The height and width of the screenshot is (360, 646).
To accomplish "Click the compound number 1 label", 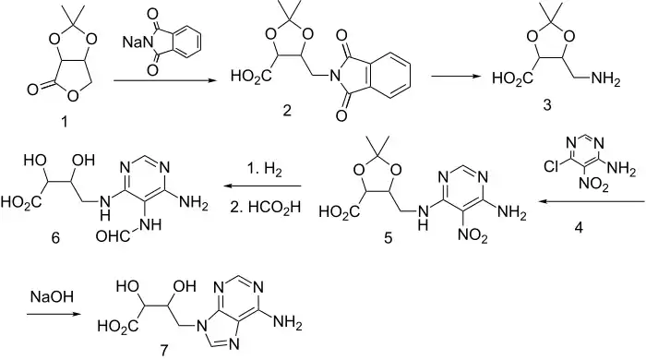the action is (64, 122).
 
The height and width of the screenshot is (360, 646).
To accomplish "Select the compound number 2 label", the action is (287, 111).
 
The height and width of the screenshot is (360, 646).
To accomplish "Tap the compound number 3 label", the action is (546, 105).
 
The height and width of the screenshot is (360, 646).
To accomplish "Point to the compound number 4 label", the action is (579, 227).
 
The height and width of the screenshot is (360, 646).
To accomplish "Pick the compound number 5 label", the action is (389, 238).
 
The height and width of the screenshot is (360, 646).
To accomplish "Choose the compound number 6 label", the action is (55, 238).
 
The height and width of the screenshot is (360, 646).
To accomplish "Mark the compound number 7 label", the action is (164, 351).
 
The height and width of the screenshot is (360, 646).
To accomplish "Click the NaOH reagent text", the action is (52, 297).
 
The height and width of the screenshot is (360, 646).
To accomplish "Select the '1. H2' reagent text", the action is (264, 169).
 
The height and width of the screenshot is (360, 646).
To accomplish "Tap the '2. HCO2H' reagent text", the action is (266, 207).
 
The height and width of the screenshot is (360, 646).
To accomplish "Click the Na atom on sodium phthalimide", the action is (132, 42).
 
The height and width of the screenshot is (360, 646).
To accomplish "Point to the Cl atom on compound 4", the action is (552, 166).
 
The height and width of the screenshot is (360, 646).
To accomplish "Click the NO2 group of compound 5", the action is (473, 236).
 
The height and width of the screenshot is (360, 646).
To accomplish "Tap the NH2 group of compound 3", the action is (605, 78).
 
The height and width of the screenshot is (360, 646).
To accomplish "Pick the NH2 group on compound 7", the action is (288, 322).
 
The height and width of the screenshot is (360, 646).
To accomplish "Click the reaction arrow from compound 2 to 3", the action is (459, 77).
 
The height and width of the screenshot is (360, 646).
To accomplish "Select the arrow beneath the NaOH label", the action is (53, 314).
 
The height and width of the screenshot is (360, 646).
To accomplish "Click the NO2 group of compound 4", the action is (593, 184).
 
